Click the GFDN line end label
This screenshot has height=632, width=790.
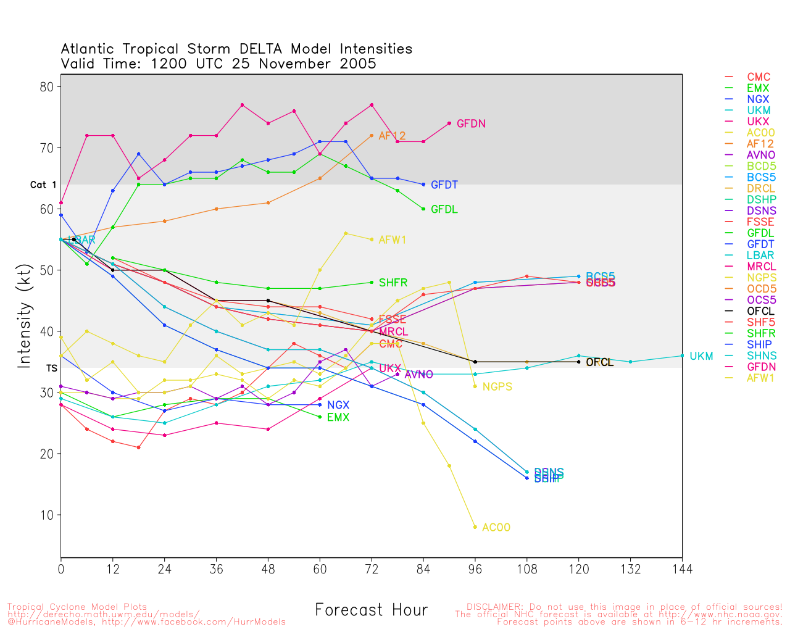point(471,124)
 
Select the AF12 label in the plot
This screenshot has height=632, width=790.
point(392,136)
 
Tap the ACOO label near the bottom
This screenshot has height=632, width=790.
point(496,528)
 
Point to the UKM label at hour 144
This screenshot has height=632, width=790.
point(701,356)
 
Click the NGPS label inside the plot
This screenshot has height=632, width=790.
point(497,387)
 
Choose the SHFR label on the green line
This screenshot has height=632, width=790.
point(393,283)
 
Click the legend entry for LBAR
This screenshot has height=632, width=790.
point(761,256)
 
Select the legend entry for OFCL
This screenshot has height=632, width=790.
point(760,311)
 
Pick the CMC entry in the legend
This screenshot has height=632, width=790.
point(759,77)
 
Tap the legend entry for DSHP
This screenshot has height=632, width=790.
point(761,200)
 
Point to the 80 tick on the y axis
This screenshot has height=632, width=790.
point(46,87)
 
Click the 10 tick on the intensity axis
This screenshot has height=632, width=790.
point(46,515)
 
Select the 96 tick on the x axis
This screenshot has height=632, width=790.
point(475,569)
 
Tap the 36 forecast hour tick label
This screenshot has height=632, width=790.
point(216,569)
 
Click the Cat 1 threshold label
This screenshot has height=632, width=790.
point(43,185)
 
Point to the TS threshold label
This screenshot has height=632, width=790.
point(51,368)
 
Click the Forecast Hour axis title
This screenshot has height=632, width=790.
point(371,610)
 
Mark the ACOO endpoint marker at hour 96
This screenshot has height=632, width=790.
point(475,527)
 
